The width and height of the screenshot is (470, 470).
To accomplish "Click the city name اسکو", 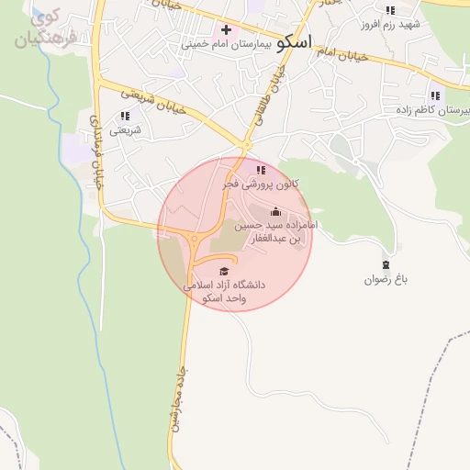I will point(294,41).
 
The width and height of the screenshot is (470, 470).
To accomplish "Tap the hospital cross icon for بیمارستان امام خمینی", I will point(226,30).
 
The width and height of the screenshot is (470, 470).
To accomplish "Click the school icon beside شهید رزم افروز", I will point(391,10).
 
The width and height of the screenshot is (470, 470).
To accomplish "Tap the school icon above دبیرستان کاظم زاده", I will point(435,95).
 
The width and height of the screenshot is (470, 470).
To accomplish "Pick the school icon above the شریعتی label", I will point(125,117).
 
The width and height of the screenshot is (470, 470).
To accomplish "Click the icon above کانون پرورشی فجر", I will point(262,170).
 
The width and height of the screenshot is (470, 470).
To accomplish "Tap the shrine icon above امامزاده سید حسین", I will point(275,212).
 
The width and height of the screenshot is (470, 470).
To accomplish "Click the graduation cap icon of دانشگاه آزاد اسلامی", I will point(224,271).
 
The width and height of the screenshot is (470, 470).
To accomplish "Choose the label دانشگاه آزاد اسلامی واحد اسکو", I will point(224,290).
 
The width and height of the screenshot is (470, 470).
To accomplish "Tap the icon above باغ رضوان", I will point(386,264).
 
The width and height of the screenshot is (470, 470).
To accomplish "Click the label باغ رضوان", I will point(386,278).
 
